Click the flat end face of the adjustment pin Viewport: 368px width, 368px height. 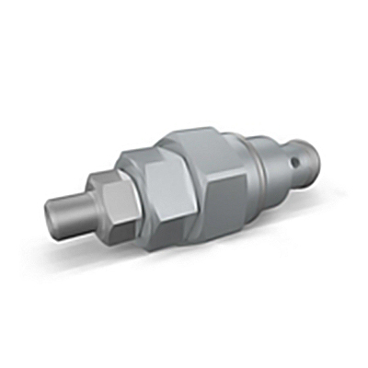54,222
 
